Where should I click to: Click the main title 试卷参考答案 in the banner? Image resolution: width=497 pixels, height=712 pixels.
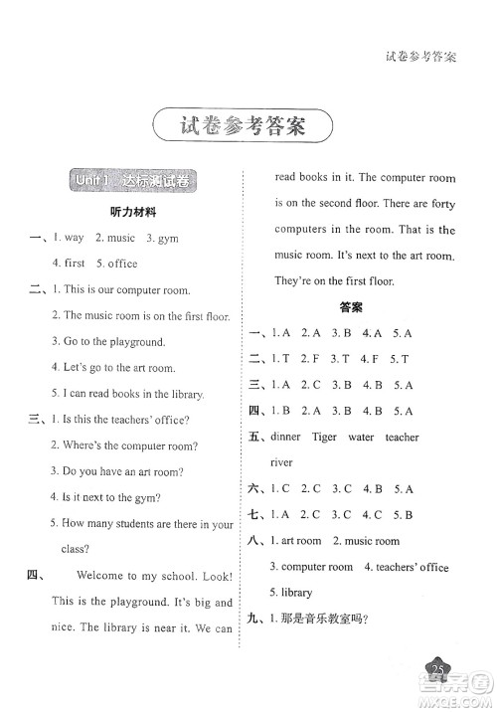click(x=243, y=127)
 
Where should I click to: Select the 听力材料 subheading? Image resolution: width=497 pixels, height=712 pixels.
click(x=133, y=213)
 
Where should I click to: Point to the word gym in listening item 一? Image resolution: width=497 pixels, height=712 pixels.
click(x=167, y=239)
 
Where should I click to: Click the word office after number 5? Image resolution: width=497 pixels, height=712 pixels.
click(x=123, y=264)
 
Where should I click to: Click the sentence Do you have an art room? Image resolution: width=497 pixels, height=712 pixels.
click(x=123, y=472)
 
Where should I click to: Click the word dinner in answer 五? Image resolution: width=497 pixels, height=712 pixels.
click(x=286, y=438)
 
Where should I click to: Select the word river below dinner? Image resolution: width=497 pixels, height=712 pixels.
click(x=282, y=462)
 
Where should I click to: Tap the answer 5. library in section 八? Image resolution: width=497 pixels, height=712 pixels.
click(x=290, y=593)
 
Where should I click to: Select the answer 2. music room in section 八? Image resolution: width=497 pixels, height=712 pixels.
click(x=366, y=541)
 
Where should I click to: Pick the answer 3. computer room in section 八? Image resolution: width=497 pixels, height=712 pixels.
click(x=311, y=567)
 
